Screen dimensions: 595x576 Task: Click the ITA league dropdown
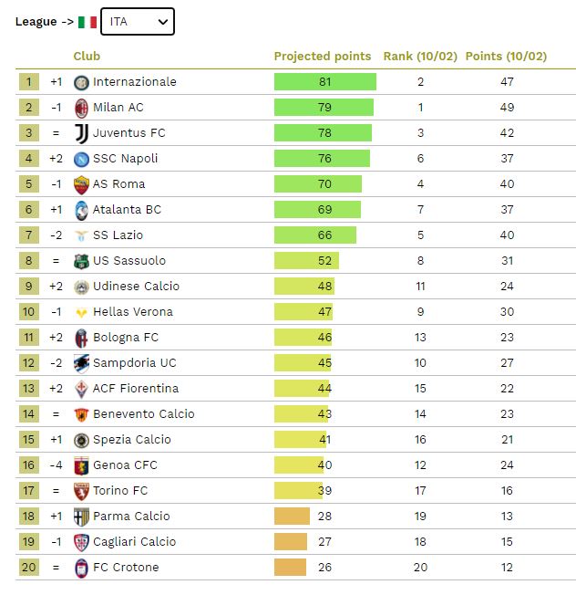tap(137, 21)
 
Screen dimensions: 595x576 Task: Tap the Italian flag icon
tap(87, 21)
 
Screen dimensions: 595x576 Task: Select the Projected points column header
tap(323, 57)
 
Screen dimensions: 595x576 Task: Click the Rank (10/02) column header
tap(420, 57)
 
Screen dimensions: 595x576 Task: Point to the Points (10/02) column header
tap(506, 57)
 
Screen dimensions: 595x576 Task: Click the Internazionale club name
tap(135, 82)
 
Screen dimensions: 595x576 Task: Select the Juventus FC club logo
tap(81, 133)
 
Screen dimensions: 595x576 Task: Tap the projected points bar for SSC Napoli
tap(322, 159)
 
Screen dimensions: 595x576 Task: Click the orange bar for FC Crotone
tap(290, 568)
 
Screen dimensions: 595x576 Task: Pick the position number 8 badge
tap(28, 261)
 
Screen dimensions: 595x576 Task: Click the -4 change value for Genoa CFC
tap(56, 465)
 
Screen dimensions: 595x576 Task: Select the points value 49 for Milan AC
tap(507, 108)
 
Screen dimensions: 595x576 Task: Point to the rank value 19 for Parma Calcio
tap(420, 517)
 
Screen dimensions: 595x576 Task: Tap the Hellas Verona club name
tap(133, 312)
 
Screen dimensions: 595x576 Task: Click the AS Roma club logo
tap(81, 184)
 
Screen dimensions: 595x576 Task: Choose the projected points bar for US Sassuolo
tap(306, 261)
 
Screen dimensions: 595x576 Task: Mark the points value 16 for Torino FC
tap(507, 491)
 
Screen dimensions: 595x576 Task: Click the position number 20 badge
tap(28, 568)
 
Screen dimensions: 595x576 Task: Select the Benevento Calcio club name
tap(144, 414)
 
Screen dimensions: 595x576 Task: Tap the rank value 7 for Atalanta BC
tap(420, 210)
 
